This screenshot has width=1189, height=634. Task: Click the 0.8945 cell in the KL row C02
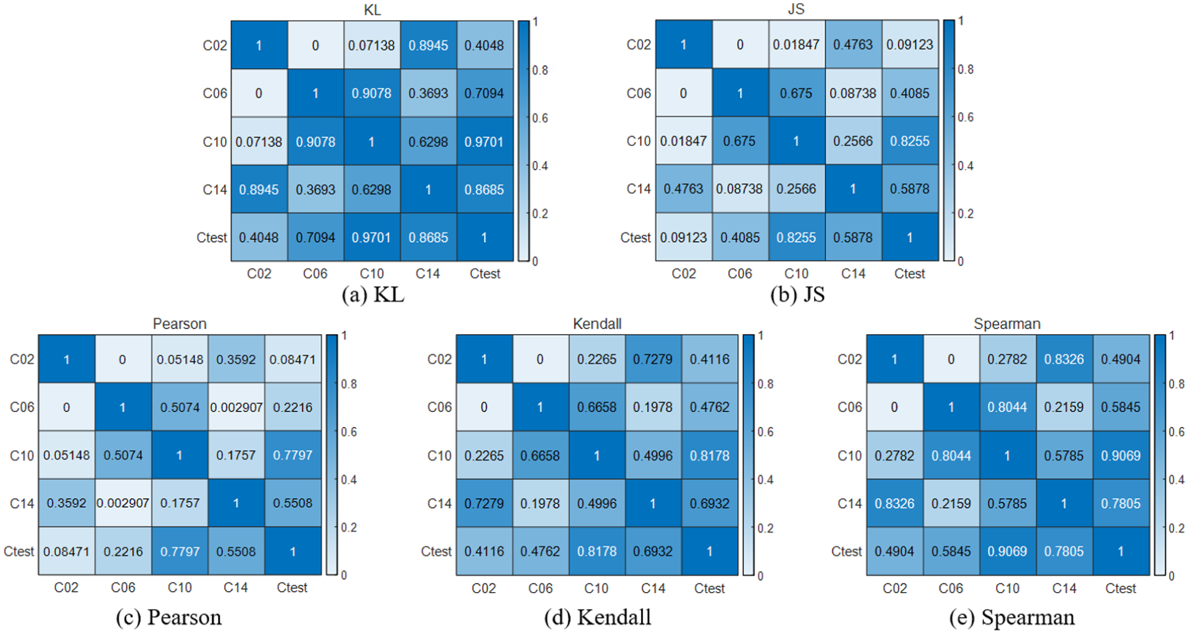(428, 46)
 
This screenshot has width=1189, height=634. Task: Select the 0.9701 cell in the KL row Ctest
(371, 237)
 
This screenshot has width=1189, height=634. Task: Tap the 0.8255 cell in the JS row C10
(910, 141)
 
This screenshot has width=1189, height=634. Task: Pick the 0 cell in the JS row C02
(740, 44)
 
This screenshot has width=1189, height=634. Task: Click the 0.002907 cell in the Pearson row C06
(236, 407)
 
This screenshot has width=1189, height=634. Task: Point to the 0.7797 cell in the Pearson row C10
(293, 455)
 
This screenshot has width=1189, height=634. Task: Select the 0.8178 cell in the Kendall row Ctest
(597, 551)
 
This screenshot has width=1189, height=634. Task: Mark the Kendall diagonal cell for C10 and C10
(597, 455)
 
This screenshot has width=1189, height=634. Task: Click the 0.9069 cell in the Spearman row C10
(1121, 455)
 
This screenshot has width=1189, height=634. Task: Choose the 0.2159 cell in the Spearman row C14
(950, 503)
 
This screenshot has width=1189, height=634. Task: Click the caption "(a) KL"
(373, 294)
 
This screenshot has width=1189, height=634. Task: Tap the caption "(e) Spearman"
(1011, 617)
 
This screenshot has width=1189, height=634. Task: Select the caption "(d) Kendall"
(597, 617)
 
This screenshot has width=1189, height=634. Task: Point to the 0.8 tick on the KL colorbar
(540, 71)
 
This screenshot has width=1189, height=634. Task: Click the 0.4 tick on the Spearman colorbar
(1176, 479)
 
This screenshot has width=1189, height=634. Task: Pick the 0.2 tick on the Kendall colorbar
(766, 528)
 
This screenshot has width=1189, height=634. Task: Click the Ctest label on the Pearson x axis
(292, 588)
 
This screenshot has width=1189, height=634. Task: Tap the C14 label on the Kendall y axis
(439, 504)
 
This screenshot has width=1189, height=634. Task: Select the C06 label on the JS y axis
(639, 93)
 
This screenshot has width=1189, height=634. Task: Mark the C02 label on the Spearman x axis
(894, 588)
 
